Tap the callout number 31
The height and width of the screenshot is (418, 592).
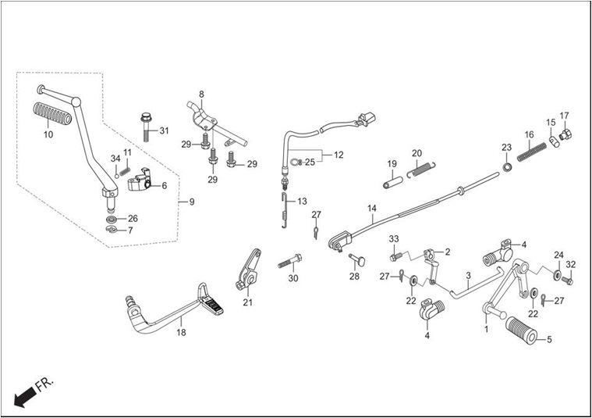tap(164, 131)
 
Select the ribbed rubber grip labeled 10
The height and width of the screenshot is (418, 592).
tap(52, 113)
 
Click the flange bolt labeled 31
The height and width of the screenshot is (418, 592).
tap(146, 127)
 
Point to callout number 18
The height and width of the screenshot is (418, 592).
tap(181, 333)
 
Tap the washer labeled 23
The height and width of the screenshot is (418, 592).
tap(507, 166)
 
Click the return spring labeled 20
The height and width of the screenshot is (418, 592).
tap(421, 169)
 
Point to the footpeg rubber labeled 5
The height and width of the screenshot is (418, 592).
tap(521, 330)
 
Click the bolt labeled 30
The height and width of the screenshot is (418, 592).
tap(290, 261)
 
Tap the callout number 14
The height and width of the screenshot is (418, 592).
tap(372, 209)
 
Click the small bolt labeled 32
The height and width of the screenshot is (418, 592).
tap(567, 280)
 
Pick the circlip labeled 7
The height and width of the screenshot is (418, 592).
tap(112, 229)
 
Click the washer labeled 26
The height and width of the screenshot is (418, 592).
tap(112, 219)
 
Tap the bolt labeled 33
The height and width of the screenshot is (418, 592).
tap(396, 256)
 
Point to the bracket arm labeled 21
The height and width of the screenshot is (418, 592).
tap(248, 270)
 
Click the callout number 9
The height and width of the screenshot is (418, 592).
tap(192, 202)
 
